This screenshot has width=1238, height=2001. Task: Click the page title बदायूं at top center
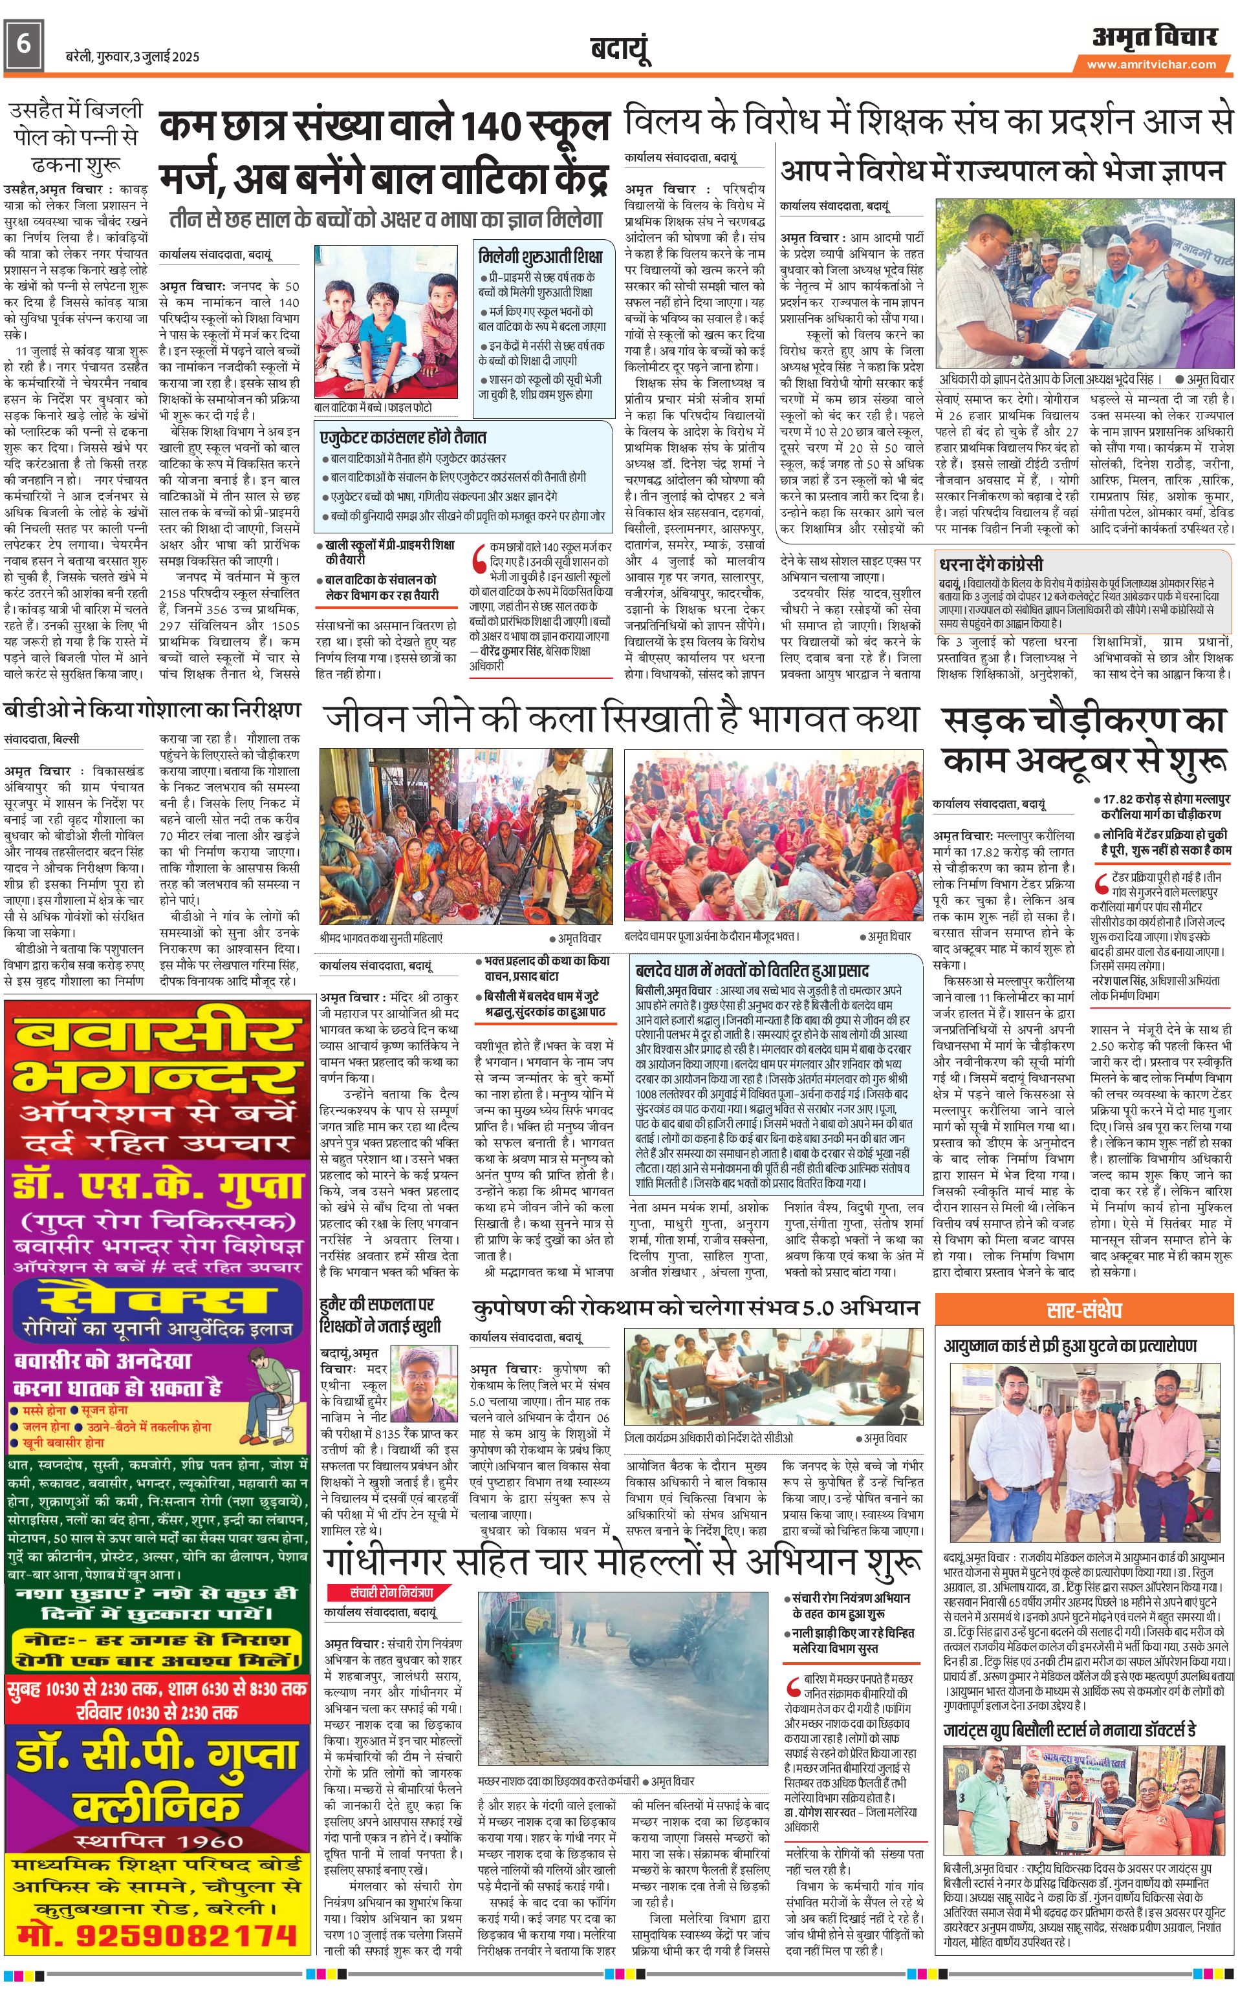[x=620, y=50]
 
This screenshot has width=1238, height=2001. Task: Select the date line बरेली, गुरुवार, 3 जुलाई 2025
[x=132, y=56]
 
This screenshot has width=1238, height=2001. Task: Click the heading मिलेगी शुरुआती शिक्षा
[x=540, y=255]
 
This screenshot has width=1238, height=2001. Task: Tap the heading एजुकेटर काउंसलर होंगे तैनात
[x=403, y=438]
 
